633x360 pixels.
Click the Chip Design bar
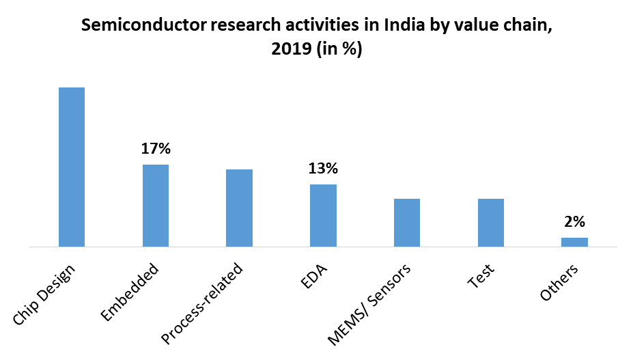(72, 167)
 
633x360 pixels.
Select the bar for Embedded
(156, 205)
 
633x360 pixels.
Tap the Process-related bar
(240, 208)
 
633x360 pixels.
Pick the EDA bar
(323, 215)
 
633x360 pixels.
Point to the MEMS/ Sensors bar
(407, 222)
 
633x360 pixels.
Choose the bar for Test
(491, 222)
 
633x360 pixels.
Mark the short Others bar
(574, 242)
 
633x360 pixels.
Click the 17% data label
(156, 148)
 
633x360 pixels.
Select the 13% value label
(323, 168)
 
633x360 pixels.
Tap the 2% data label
(574, 221)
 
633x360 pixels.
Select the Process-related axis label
(203, 302)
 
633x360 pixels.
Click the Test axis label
(481, 277)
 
